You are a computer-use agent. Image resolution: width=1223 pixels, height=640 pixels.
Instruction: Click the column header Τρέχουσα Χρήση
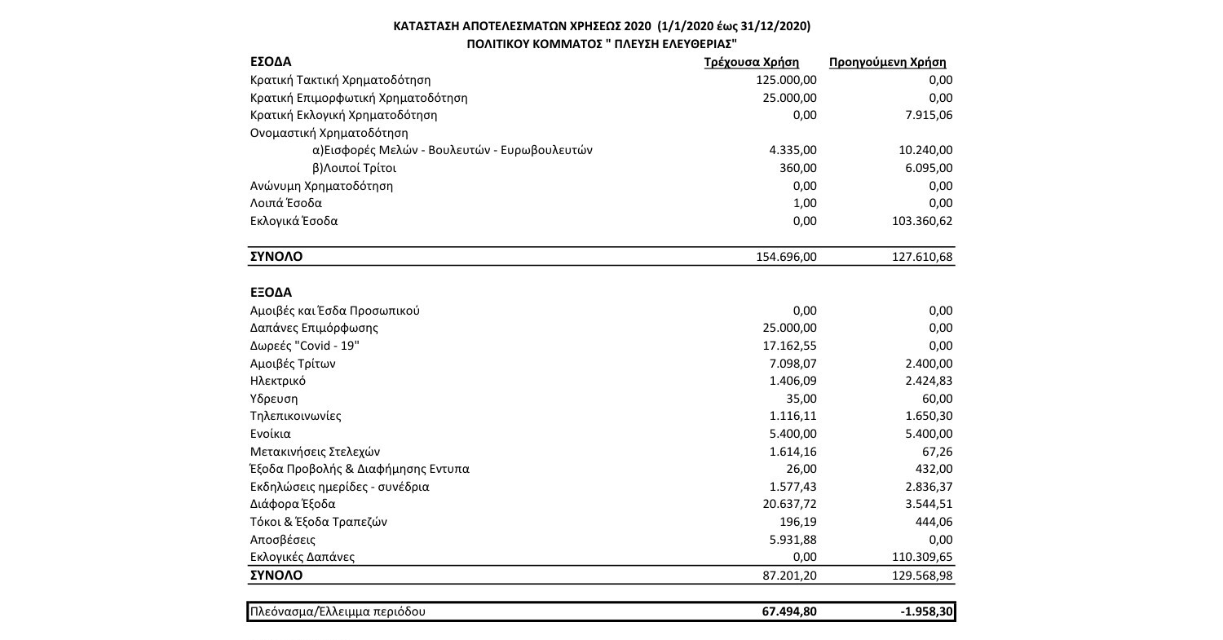751,63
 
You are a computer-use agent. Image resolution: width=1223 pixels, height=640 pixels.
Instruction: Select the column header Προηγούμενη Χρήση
887,63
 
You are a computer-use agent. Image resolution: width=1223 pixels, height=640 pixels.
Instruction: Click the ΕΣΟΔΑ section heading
271,62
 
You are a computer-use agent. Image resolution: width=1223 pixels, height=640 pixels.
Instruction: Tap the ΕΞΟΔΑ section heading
271,292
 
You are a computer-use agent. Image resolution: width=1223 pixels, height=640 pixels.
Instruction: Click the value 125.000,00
787,80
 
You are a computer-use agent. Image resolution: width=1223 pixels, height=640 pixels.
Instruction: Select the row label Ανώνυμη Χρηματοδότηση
321,186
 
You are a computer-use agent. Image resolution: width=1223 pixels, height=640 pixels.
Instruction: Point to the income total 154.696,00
787,257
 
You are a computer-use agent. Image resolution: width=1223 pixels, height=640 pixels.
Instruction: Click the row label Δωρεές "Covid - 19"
304,346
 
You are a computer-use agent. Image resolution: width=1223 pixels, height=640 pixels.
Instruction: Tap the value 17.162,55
790,346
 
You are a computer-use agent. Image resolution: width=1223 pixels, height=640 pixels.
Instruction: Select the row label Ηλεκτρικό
278,381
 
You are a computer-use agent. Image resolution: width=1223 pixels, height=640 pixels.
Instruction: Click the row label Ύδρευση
274,399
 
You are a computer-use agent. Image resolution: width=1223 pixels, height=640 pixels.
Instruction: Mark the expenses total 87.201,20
790,576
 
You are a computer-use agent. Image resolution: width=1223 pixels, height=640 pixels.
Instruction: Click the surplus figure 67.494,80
788,611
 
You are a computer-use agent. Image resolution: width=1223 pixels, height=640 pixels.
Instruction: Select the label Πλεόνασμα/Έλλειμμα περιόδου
338,611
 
